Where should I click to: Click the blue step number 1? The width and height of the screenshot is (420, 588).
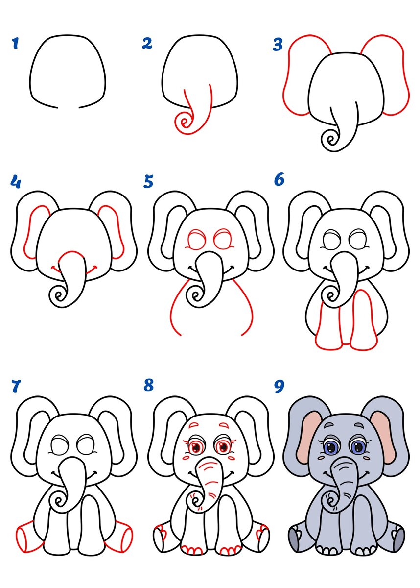click(16, 43)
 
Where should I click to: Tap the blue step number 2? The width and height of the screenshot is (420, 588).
click(147, 43)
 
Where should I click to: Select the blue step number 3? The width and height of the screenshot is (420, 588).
click(278, 44)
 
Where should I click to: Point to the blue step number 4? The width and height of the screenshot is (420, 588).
click(16, 182)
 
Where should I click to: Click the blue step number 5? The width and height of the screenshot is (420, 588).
click(148, 182)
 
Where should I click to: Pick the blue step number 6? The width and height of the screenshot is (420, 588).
click(279, 180)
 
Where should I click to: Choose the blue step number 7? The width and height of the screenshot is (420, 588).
click(16, 386)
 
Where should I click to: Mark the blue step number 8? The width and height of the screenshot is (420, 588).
click(149, 385)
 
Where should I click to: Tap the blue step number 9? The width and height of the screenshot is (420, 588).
click(279, 386)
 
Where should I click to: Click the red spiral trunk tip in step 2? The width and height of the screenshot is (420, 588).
click(184, 122)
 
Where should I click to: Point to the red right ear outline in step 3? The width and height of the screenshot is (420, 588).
click(405, 79)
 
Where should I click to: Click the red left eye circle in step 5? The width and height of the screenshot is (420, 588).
click(196, 240)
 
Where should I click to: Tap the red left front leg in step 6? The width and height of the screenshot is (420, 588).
click(329, 325)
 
